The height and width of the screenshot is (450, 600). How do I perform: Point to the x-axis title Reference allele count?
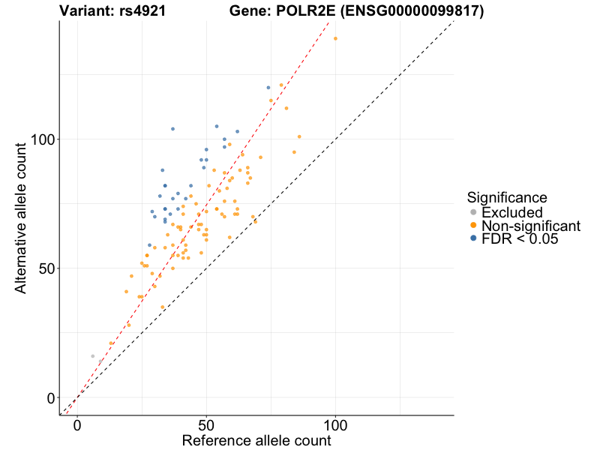[256, 440]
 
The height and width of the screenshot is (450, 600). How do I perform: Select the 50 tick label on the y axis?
[47, 268]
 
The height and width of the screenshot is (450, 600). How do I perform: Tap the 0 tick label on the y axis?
[51, 397]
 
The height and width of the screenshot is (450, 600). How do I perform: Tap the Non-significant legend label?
[531, 226]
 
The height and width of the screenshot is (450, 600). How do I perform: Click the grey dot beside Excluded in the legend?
[472, 212]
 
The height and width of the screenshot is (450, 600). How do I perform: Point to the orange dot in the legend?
[472, 226]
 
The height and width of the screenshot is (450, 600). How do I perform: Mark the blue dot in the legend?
[472, 238]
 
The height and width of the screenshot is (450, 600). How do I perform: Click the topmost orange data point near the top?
[335, 39]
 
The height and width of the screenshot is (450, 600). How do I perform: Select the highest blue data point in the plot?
[268, 88]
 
